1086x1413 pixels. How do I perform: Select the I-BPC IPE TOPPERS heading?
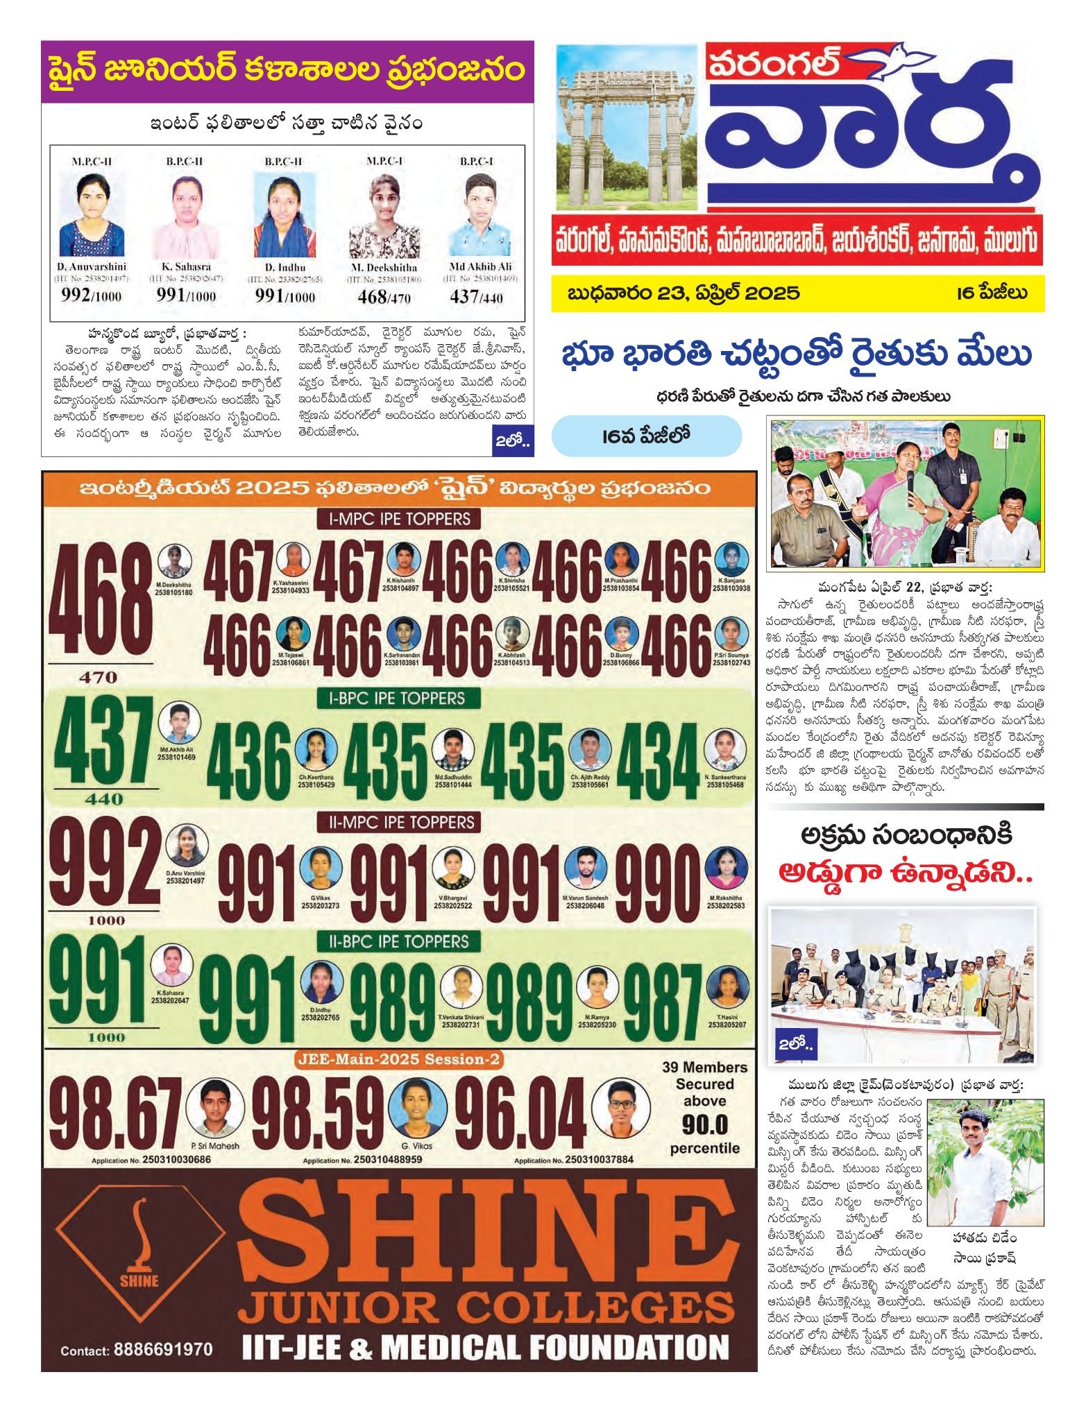pos(396,699)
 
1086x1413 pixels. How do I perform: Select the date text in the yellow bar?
pos(684,292)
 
